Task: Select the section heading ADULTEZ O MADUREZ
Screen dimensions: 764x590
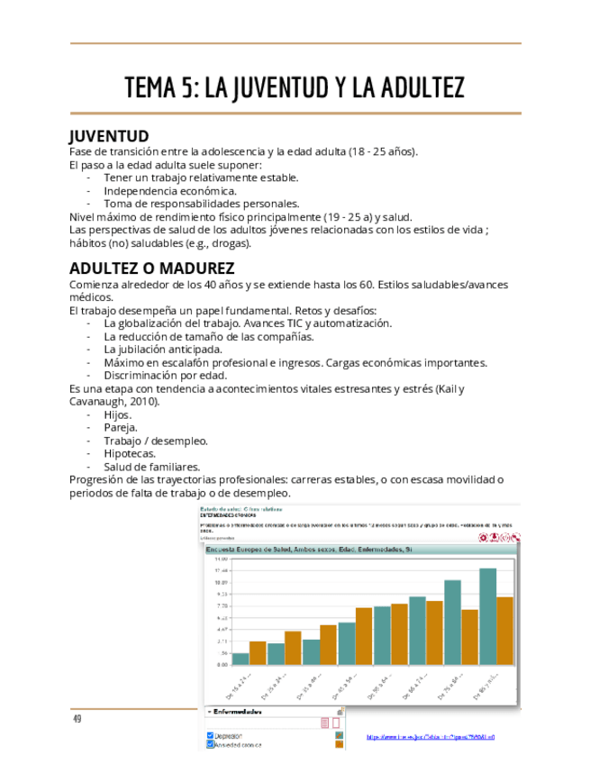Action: click(x=151, y=269)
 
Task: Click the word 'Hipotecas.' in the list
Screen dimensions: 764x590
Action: click(x=130, y=454)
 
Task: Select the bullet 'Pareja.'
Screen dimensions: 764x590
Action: click(x=122, y=428)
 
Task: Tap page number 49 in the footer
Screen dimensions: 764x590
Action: click(x=77, y=718)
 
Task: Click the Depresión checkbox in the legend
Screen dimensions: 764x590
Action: click(x=210, y=736)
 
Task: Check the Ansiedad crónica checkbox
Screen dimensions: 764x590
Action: click(x=210, y=745)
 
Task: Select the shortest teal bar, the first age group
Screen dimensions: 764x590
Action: click(x=241, y=659)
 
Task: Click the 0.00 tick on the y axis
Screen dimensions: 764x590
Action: click(x=222, y=664)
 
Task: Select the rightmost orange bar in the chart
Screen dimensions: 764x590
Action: click(x=504, y=631)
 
